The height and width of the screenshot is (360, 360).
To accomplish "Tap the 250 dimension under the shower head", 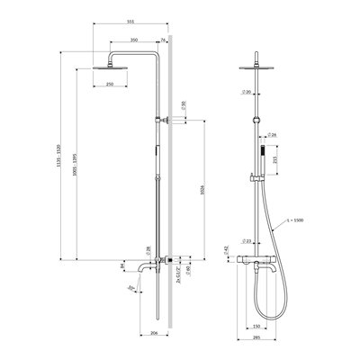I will coord(109,84).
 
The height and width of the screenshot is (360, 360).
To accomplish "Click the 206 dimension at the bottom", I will coord(154,334).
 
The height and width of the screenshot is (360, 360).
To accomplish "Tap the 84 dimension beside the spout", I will coord(122,265).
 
